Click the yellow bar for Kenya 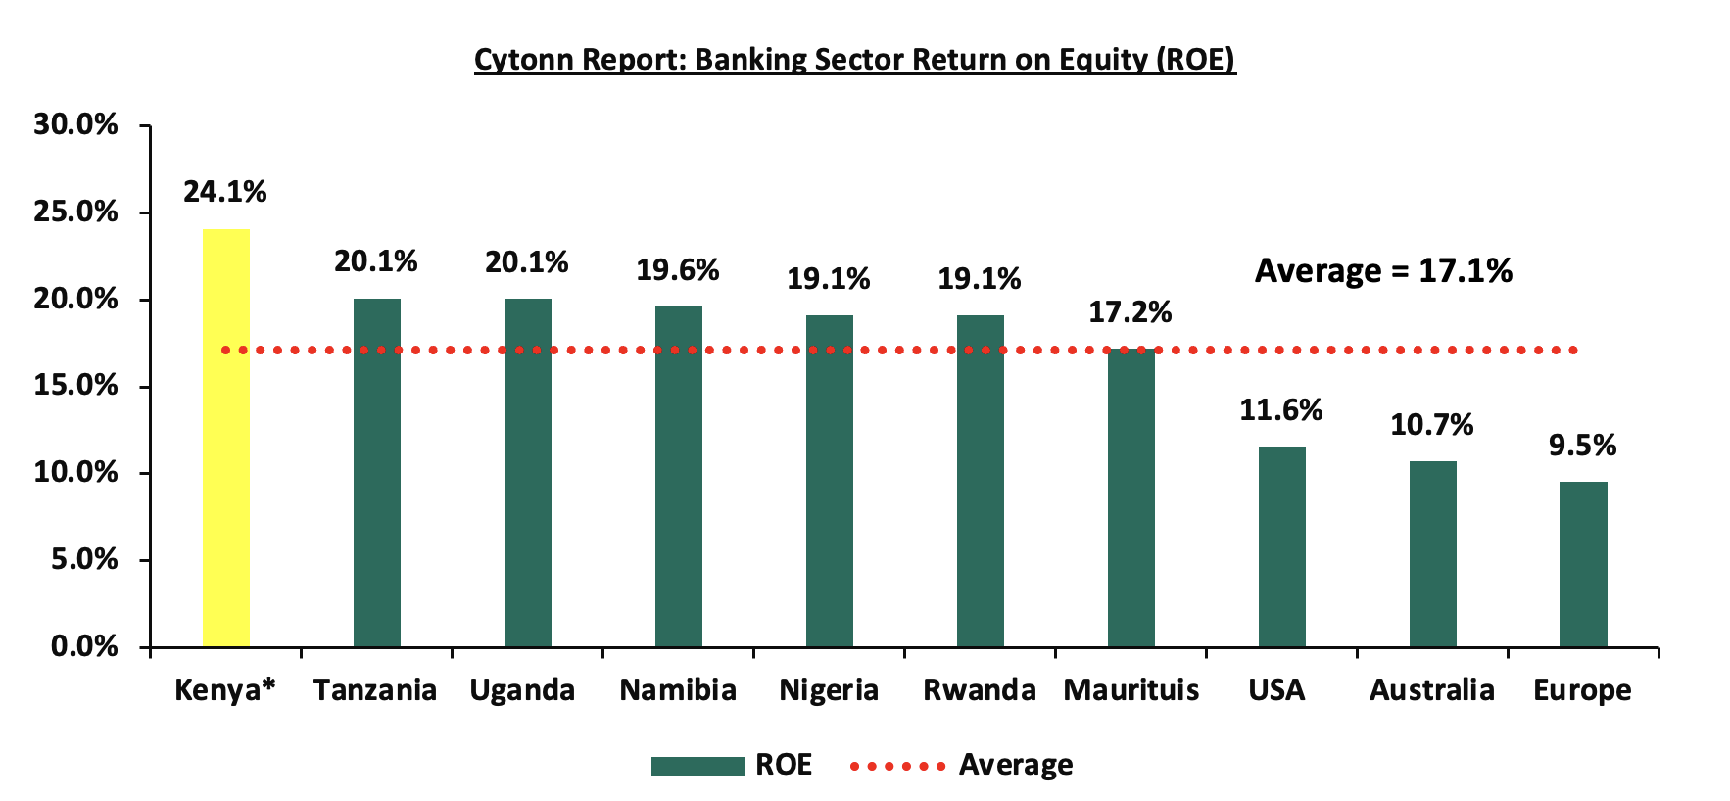point(226,438)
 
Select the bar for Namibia point(679,477)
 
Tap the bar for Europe point(1583,564)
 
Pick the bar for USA point(1281,546)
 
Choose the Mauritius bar point(1131,497)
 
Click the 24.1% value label point(225,192)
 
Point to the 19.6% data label point(678,270)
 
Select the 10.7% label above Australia point(1432,425)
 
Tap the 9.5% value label point(1583,446)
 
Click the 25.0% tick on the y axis point(75,212)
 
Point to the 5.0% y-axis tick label point(84,559)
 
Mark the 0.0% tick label point(84,646)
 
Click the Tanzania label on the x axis point(375,690)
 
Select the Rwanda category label point(980,690)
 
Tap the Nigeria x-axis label point(829,691)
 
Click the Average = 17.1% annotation point(1383,270)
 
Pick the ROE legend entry point(731,765)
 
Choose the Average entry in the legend point(961,765)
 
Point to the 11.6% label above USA point(1281,410)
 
